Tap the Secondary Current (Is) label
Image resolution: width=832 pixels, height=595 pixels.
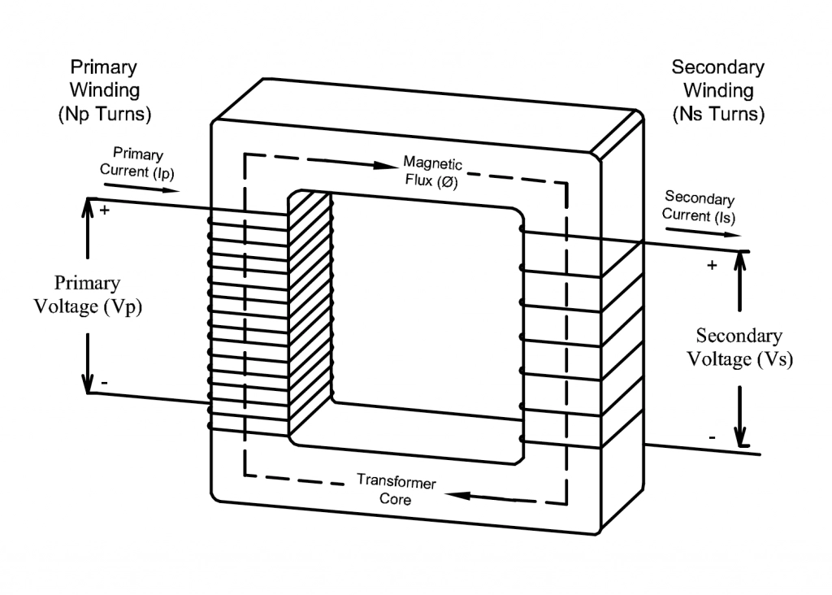tap(699, 206)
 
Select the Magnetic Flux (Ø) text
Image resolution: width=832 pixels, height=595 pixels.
tap(431, 172)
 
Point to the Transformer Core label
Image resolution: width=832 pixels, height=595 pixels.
tap(396, 490)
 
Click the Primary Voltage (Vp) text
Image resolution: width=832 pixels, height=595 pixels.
tap(87, 295)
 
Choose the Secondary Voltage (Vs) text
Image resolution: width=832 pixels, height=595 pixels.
tap(739, 347)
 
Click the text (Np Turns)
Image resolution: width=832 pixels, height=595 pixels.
tap(104, 115)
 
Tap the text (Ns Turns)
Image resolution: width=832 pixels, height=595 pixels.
tap(718, 115)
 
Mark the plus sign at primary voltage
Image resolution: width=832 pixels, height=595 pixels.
tap(104, 211)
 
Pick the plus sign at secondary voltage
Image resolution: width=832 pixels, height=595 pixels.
tap(712, 266)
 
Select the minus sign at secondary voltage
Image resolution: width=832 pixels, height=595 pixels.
tap(712, 437)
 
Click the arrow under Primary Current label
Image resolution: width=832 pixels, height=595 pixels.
tap(142, 187)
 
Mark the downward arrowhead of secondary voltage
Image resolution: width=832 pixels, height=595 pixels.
tap(740, 438)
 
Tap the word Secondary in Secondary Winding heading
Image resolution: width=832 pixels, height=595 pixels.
tap(718, 67)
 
